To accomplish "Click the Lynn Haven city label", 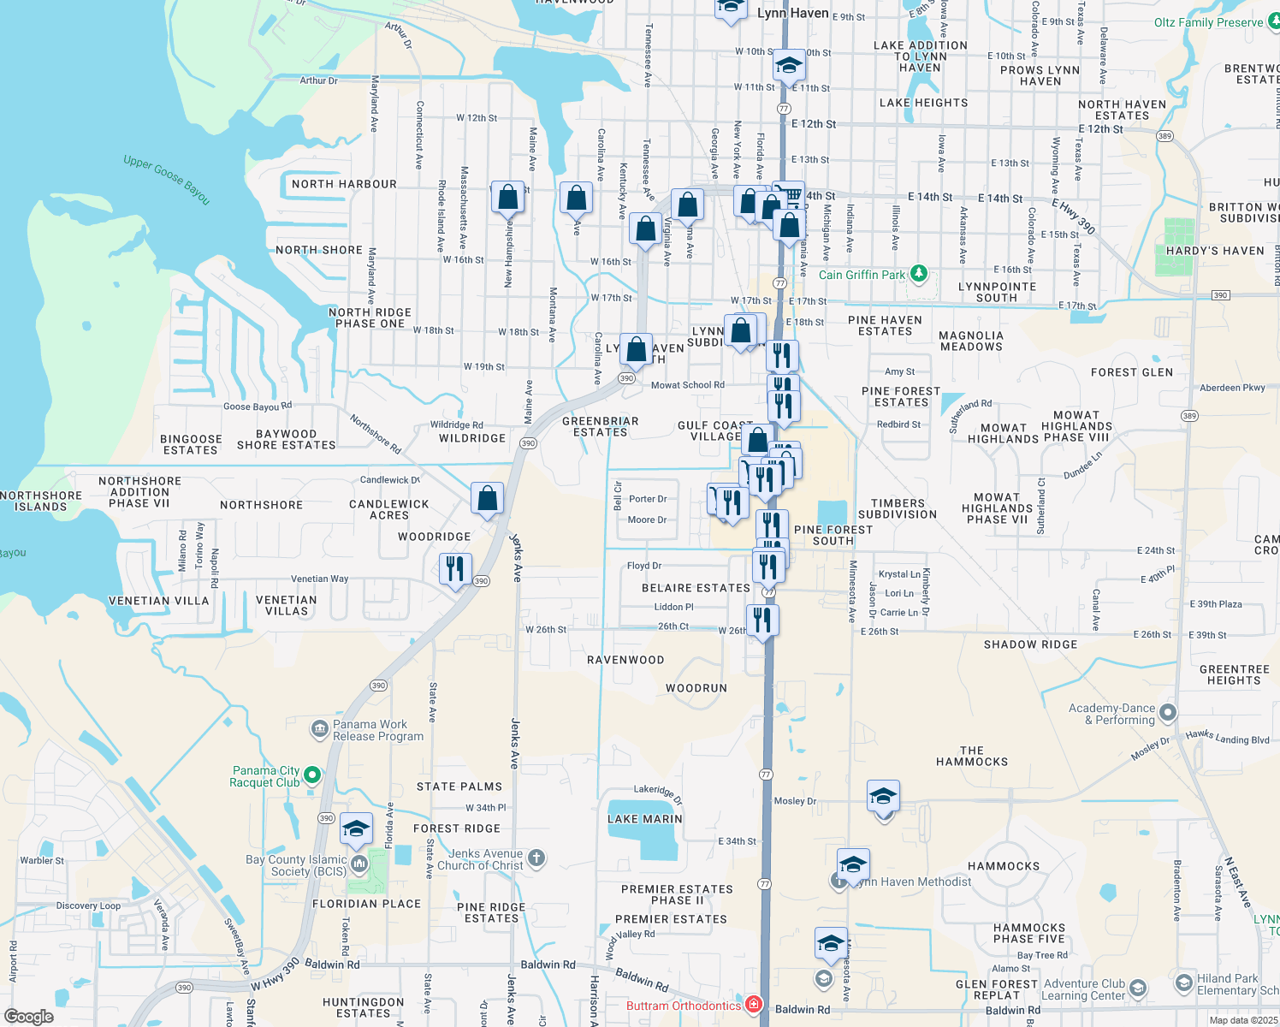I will point(792,13).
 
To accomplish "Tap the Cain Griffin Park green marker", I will point(918,274).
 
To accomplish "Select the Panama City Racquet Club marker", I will point(312,775).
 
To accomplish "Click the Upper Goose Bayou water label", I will point(167,178).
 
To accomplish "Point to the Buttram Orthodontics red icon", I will point(754,1005).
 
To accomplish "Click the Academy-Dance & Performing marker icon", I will point(1168,713).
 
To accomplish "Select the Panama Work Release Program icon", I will point(319,729).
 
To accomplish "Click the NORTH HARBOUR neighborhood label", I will point(344,184).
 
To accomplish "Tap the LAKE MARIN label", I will point(645,819).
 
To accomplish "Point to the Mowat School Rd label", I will point(687,385).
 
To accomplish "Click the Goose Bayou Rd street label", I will point(257,407).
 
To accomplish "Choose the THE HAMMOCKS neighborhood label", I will point(972,756).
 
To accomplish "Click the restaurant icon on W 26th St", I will point(761,620).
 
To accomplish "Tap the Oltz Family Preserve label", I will point(1208,22).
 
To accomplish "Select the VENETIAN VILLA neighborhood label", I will point(158,601).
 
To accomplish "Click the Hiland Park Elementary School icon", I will point(1184,982).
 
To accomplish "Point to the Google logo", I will point(28,1017).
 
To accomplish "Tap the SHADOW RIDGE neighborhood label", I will point(1030,644).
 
